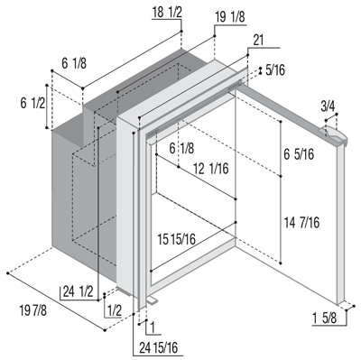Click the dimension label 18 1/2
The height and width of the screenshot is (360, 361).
[x=167, y=13]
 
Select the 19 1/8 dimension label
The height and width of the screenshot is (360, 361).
[x=230, y=18]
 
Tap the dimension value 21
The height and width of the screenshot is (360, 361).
[x=258, y=41]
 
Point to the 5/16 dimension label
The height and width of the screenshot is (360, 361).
[x=275, y=70]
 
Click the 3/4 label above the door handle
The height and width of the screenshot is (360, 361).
[x=328, y=106]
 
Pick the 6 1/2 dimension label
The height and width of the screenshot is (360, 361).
[x=32, y=104]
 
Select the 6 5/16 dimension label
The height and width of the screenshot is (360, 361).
[x=299, y=154]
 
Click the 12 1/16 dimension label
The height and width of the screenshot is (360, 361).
[x=211, y=169]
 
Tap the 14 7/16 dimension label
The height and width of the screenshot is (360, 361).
[x=301, y=223]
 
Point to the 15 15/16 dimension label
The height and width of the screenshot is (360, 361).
[x=177, y=240]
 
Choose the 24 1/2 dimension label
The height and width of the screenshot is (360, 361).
[x=79, y=292]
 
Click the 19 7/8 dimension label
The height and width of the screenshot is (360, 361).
[x=33, y=310]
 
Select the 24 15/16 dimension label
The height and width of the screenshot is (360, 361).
[x=159, y=348]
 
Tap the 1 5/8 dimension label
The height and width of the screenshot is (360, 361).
[x=325, y=318]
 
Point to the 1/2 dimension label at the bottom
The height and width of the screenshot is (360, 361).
[x=115, y=311]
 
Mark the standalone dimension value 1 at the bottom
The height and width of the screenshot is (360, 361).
[x=153, y=328]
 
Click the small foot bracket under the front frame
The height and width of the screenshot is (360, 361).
[x=152, y=300]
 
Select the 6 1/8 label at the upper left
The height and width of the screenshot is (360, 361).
[x=74, y=63]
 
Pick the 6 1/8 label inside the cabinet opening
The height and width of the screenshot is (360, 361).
[x=181, y=148]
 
